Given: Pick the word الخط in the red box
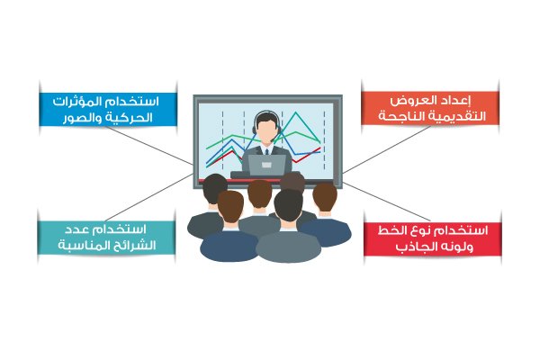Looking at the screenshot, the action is (x=391, y=230).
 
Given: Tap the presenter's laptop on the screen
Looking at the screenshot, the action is (x=267, y=165).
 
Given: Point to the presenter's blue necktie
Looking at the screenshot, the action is (x=266, y=151).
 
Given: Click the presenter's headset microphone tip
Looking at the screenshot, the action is (x=273, y=140).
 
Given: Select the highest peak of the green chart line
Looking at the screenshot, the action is (x=295, y=112).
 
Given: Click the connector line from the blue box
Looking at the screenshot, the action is (x=149, y=145).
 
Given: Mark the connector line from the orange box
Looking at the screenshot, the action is (x=387, y=148).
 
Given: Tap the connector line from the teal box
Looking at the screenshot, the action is (x=149, y=197).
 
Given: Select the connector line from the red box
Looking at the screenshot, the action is (x=387, y=202).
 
